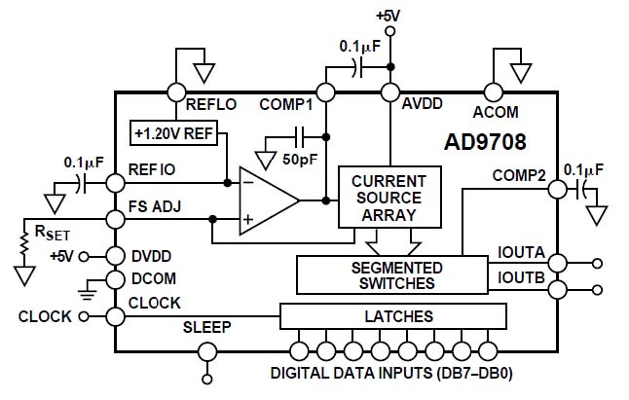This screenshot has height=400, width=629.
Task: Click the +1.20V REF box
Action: (x=173, y=132)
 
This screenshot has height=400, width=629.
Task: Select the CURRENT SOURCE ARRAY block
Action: (x=389, y=198)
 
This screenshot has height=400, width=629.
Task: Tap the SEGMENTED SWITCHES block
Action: (x=392, y=275)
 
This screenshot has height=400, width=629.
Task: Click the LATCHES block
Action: (x=393, y=316)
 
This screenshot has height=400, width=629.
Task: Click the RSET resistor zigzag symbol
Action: (x=24, y=243)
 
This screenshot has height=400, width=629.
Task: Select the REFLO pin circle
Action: (x=176, y=92)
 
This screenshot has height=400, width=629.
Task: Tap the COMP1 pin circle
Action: (x=326, y=92)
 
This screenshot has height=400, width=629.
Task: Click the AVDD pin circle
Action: (x=389, y=92)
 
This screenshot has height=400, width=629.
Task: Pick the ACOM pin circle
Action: (x=493, y=92)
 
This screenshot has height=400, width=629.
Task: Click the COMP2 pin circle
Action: (x=558, y=189)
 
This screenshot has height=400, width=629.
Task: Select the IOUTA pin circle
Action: (x=558, y=264)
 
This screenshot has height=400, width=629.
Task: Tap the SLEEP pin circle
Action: (x=207, y=352)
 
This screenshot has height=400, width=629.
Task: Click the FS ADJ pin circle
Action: (x=116, y=219)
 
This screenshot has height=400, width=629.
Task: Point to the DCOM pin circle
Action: (x=116, y=279)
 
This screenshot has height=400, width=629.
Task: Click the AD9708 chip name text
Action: (x=485, y=142)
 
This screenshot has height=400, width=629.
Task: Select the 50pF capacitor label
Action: (x=300, y=159)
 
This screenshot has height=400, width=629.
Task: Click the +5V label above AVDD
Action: (x=388, y=16)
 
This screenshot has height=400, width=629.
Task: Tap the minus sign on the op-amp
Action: (x=248, y=183)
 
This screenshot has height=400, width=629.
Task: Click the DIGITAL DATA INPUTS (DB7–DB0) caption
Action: (x=391, y=374)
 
